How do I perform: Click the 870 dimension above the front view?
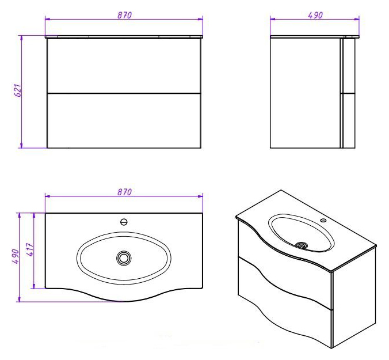[x=124, y=15]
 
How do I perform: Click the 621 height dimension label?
[x=19, y=90]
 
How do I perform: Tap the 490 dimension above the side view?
[x=315, y=15]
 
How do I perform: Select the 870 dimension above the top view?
[x=124, y=192]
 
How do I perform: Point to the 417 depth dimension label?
[x=30, y=249]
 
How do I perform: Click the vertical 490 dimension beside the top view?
[x=16, y=256]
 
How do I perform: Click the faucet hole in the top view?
[x=124, y=222]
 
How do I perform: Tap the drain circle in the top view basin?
[x=124, y=257]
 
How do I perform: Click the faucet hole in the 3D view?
[x=323, y=220]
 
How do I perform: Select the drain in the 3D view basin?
[x=302, y=245]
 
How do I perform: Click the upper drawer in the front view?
[x=124, y=66]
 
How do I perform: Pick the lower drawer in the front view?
[x=124, y=120]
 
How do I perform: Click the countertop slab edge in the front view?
[x=124, y=37]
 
